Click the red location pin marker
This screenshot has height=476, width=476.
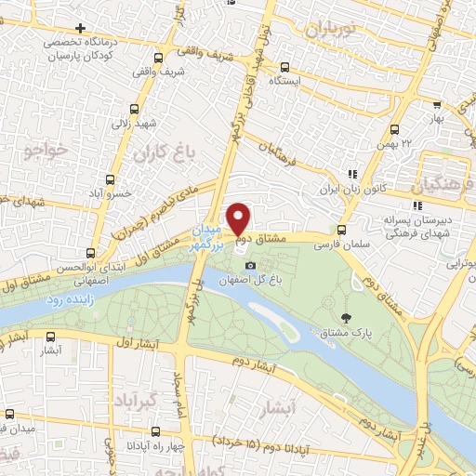(x=239, y=218)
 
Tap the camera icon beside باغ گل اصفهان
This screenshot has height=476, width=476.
(x=223, y=266)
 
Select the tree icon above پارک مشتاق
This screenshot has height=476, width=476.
(x=348, y=317)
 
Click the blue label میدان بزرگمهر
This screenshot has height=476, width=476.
(x=208, y=235)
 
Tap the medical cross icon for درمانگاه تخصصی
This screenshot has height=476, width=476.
(x=79, y=27)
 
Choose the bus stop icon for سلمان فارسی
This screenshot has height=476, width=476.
(x=342, y=231)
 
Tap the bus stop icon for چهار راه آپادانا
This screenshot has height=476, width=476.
(x=154, y=430)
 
